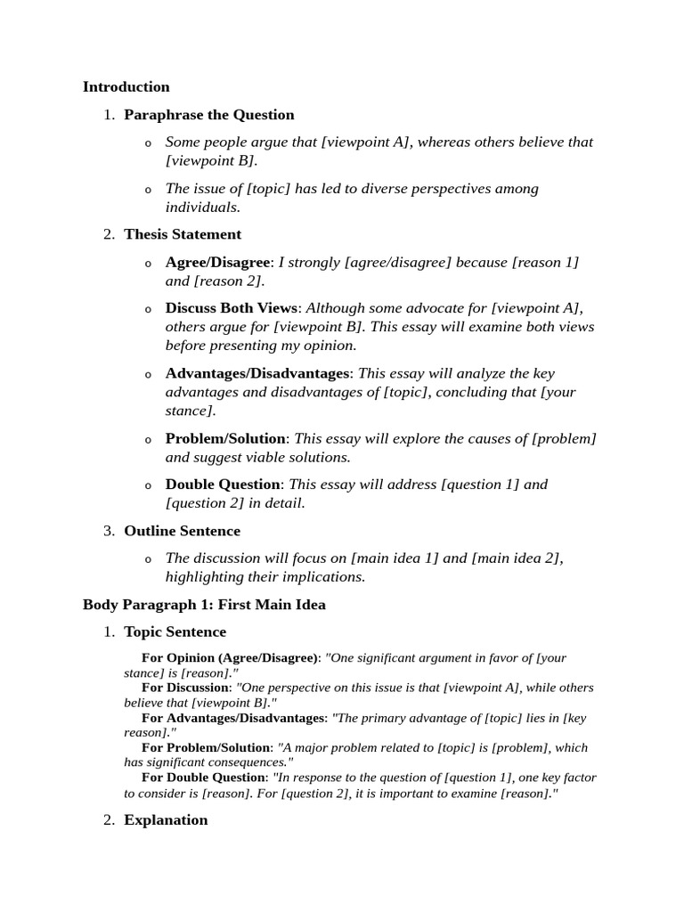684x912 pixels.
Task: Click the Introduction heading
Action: pos(126,86)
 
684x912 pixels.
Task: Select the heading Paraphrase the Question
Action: pos(208,114)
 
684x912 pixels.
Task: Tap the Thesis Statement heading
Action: pos(183,234)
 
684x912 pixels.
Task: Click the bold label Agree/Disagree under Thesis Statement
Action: pos(217,262)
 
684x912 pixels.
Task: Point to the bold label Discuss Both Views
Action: pos(232,308)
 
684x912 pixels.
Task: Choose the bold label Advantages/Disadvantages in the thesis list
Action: pos(257,373)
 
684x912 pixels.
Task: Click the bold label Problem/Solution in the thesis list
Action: pos(225,438)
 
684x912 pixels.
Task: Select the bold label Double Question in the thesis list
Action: pos(223,484)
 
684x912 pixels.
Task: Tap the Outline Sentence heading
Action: pos(182,531)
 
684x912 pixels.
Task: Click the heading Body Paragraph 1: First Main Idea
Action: pos(204,605)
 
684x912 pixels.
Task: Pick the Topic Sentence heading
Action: pos(175,631)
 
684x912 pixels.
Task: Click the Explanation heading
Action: pos(166,819)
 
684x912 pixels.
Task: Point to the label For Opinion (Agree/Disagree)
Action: pos(230,658)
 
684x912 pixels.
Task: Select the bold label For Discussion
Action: pos(185,688)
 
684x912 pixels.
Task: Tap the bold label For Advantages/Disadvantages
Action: pos(232,718)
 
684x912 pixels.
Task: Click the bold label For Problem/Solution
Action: pos(206,747)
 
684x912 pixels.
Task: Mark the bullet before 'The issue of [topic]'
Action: pos(148,190)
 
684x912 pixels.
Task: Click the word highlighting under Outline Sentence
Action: pos(207,576)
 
